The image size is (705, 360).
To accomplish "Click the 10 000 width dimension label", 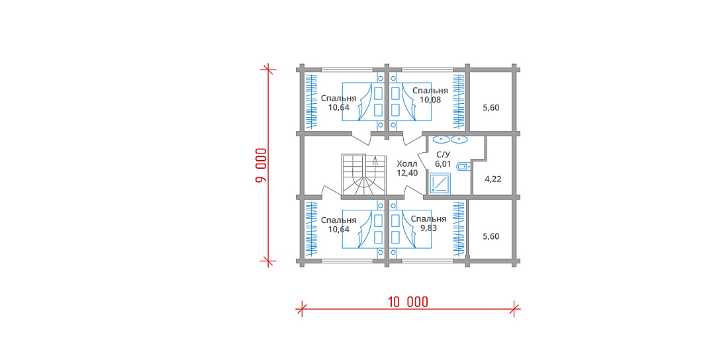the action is coord(408,302).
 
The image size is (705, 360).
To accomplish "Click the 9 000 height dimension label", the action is coord(261,165).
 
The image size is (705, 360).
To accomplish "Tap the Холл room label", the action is coord(407,163).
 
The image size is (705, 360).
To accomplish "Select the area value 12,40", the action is coord(407,173).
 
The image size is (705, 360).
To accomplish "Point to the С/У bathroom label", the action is coord(444,155).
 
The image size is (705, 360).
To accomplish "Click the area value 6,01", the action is coord(444,164).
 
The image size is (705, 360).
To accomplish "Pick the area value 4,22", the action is coord(493,179).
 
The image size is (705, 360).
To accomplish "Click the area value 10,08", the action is coord(430,100).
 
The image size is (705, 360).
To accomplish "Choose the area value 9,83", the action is coord(428,228).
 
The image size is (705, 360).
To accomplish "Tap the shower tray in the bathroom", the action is coord(440,184).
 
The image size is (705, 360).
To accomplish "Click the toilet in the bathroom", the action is coord(463,167).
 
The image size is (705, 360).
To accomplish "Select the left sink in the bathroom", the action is coord(441,140).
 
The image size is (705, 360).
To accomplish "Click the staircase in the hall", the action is coord(364,176).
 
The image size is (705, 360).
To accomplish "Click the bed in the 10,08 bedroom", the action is coord(410,101).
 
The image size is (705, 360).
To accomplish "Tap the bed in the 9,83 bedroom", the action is coord(410,229).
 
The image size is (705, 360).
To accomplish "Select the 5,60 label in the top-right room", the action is coord(491,108).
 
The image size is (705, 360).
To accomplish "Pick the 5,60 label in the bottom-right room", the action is coord(491,236).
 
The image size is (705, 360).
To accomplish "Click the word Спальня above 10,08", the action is coord(430,91).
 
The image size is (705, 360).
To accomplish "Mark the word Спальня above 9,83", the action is coord(428,219).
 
